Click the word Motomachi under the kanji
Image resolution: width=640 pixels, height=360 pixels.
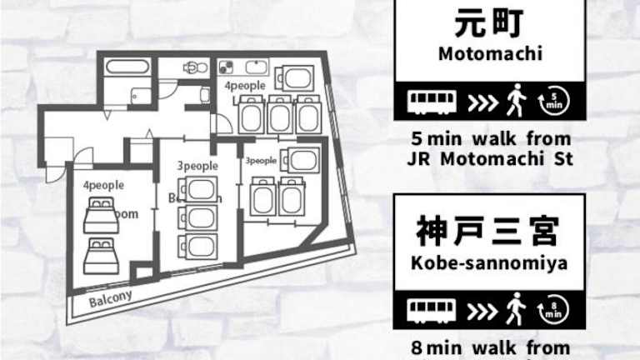489,56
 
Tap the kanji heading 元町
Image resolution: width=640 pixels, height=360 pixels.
489,23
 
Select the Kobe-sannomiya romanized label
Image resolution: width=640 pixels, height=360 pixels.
489,263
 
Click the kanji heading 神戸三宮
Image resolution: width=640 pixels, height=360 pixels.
489,229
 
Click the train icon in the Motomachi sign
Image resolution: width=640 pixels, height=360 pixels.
432,102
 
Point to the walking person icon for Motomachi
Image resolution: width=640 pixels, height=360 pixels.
516,102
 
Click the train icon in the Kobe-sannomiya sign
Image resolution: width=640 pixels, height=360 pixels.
432,310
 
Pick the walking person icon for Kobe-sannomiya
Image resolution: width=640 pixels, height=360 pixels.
516,309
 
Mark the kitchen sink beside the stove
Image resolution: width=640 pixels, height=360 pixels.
256,67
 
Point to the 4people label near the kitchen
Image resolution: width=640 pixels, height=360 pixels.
244,86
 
